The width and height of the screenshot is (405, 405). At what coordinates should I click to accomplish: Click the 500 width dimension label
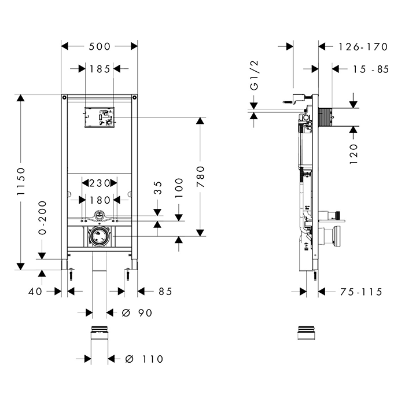pyautogui.click(x=100, y=46)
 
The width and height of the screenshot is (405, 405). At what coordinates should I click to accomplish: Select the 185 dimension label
pyautogui.click(x=100, y=69)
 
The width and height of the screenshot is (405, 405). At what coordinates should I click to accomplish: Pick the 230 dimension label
pyautogui.click(x=100, y=183)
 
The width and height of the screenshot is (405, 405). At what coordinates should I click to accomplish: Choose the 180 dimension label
pyautogui.click(x=100, y=200)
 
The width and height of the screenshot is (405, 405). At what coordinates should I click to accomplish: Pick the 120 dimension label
pyautogui.click(x=354, y=154)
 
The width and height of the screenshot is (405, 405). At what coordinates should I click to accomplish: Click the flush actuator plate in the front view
pyautogui.click(x=100, y=117)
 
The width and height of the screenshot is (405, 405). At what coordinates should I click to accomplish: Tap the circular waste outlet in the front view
pyautogui.click(x=100, y=236)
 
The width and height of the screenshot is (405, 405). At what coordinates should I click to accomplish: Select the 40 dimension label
pyautogui.click(x=36, y=292)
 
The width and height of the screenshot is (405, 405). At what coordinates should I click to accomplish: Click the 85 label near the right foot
pyautogui.click(x=165, y=292)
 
